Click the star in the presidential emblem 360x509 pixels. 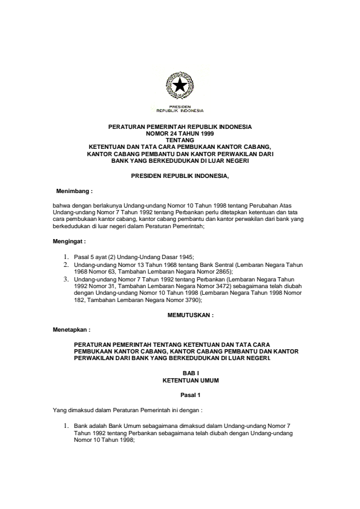(180, 87)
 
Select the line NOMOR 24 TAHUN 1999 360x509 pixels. (180, 133)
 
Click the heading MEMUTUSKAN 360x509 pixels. (190, 315)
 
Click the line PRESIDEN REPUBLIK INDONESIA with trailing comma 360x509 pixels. (180, 175)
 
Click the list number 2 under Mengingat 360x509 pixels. (66, 265)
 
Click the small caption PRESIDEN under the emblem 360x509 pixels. (180, 107)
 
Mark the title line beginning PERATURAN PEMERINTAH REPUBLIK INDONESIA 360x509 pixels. (180, 126)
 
